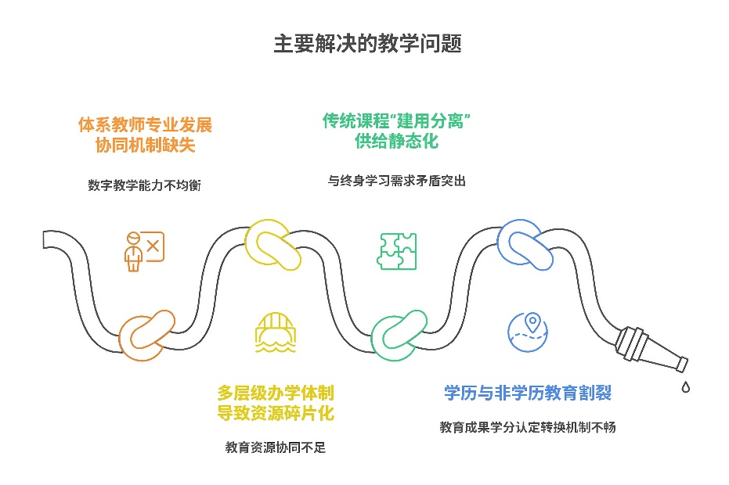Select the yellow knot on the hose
pyautogui.click(x=272, y=244)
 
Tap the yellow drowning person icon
pyautogui.click(x=271, y=334)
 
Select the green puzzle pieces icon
pyautogui.click(x=397, y=251)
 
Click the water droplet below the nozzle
pyautogui.click(x=685, y=386)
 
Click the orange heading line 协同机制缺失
pyautogui.click(x=145, y=145)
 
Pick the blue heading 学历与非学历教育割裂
pyautogui.click(x=528, y=393)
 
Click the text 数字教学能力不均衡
pyautogui.click(x=145, y=185)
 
